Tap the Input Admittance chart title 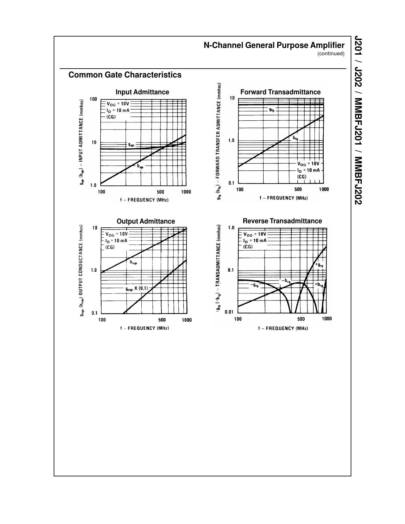[142, 92]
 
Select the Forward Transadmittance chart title [280, 92]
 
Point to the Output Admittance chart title [145, 221]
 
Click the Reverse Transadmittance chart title [282, 221]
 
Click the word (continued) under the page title [331, 54]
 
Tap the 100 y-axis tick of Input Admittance [93, 99]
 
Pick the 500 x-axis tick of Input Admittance [160, 192]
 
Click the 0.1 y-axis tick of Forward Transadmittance [231, 183]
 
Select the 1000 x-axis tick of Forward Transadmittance [324, 190]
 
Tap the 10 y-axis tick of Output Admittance [95, 228]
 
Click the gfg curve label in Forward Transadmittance [271, 110]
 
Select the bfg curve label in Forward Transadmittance [295, 138]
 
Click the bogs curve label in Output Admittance [133, 262]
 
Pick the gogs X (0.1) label [137, 289]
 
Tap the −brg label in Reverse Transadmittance [286, 281]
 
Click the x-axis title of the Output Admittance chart [144, 328]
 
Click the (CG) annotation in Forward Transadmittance [301, 177]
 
